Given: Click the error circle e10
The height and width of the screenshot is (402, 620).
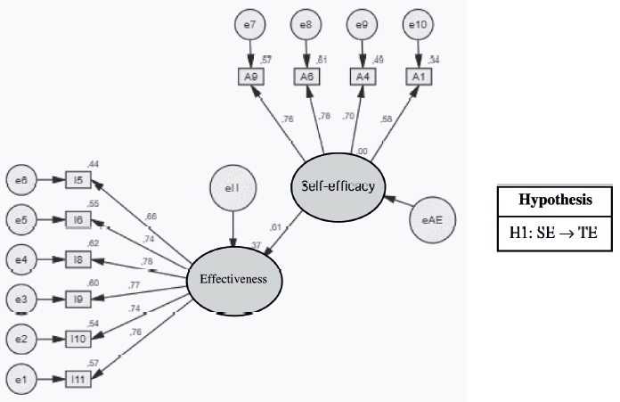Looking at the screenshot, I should (417, 24).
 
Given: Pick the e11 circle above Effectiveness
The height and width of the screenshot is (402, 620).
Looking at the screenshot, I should (232, 188).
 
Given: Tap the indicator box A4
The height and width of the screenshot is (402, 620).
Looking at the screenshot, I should (362, 76).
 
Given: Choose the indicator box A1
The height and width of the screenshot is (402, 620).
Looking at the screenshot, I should (417, 76).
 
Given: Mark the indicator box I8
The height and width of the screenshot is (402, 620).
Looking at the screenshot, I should (78, 258).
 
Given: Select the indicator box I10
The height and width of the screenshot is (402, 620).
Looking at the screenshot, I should (78, 339).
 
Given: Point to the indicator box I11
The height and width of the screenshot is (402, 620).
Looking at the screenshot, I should (78, 379).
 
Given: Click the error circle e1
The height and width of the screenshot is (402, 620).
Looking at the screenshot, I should (20, 379).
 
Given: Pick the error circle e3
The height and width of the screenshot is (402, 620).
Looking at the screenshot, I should (20, 299).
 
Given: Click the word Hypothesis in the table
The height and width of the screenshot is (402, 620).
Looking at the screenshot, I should (554, 201).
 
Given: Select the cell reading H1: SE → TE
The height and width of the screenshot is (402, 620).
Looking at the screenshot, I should (554, 233).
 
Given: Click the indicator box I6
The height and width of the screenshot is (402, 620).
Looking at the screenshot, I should (78, 218).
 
